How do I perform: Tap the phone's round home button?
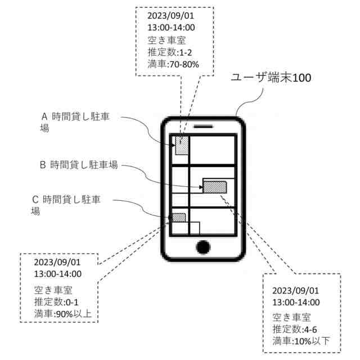coord(204,247)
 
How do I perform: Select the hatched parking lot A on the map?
coord(182,146)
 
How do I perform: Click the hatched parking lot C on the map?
coord(178,217)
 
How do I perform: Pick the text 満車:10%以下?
coord(301,341)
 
